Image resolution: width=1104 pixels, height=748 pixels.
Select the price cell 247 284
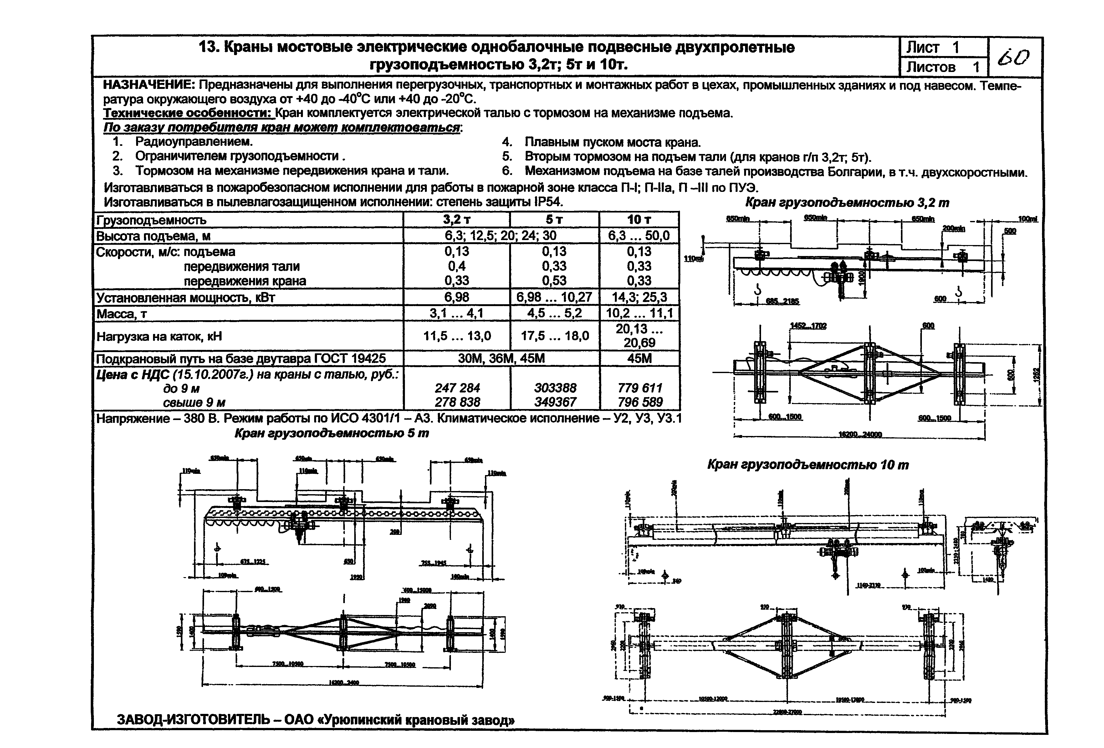(457, 388)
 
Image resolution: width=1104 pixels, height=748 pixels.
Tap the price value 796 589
(639, 402)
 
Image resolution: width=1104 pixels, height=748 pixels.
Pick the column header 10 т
(639, 220)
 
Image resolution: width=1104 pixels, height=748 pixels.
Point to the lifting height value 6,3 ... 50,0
(639, 236)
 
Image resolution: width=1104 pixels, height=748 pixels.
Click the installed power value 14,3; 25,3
(639, 298)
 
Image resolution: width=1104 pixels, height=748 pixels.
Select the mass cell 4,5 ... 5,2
(555, 314)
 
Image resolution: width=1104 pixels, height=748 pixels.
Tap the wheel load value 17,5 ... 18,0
(555, 336)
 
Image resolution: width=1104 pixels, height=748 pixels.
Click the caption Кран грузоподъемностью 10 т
(808, 464)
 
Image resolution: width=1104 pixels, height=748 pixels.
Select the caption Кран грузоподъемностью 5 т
(332, 433)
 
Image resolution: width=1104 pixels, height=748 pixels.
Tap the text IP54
(549, 202)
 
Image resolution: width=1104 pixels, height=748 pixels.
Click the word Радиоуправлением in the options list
(194, 141)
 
